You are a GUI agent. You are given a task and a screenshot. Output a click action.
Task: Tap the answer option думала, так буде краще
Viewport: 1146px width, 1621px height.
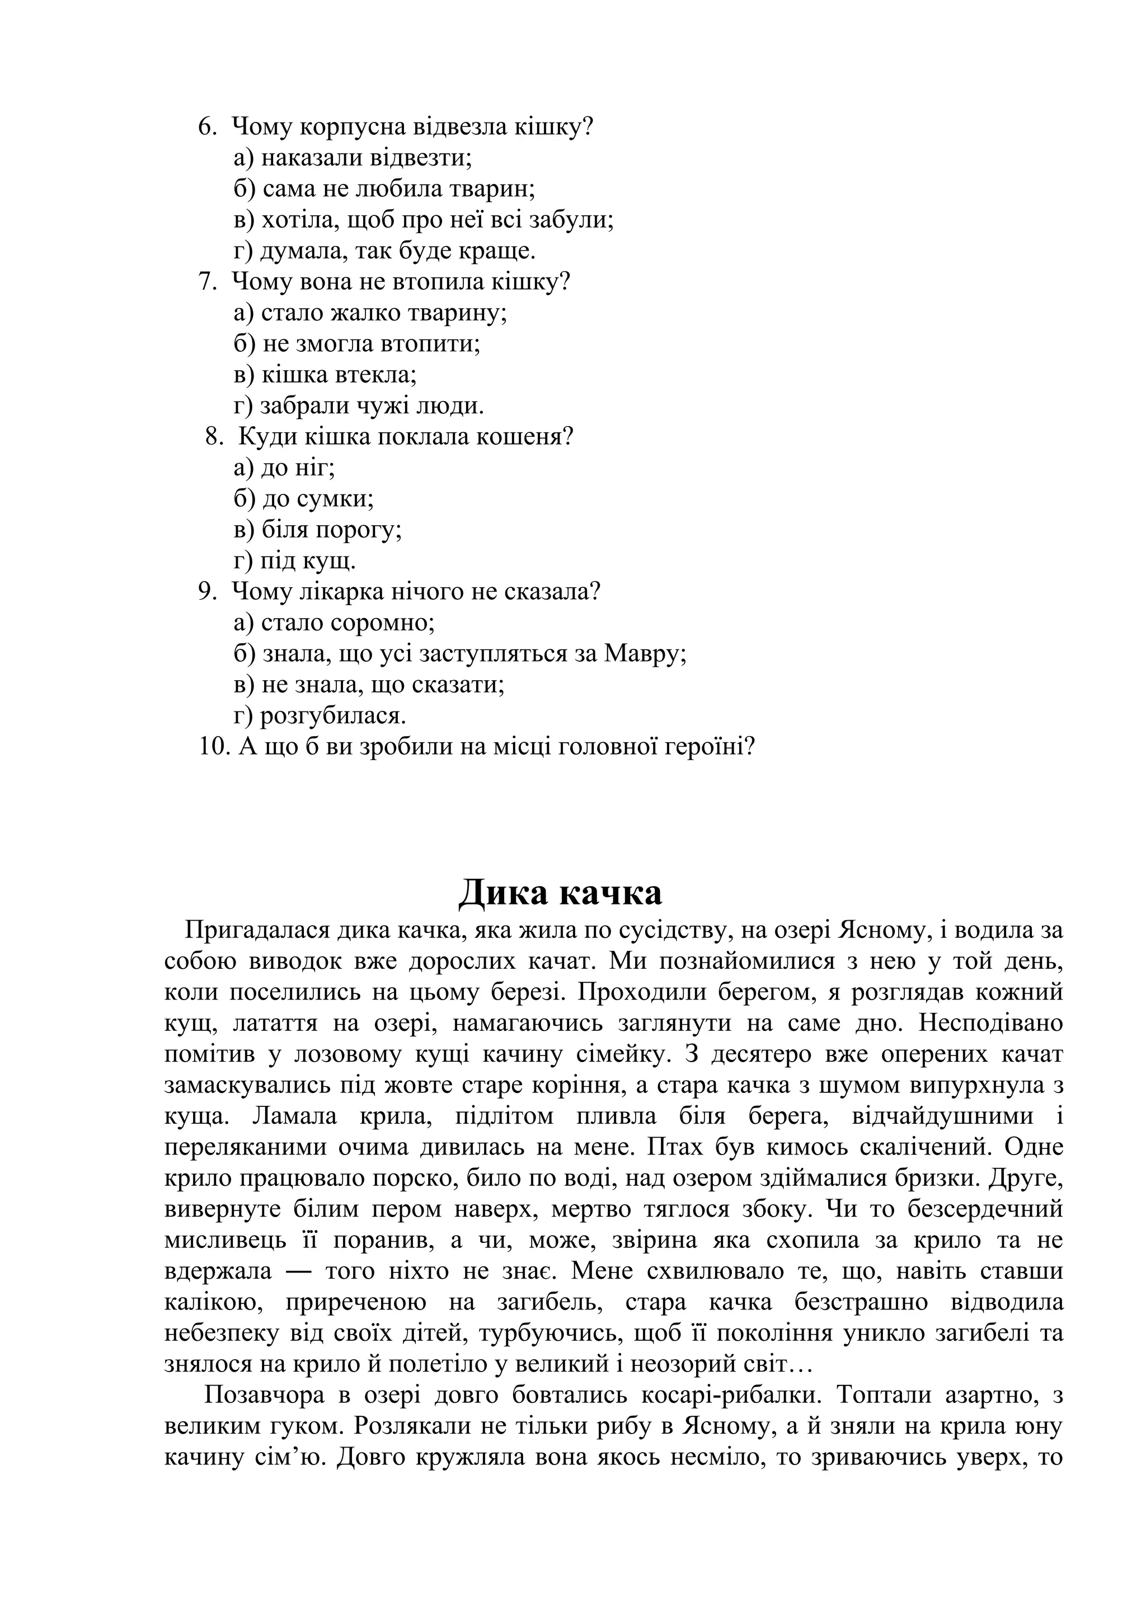(385, 251)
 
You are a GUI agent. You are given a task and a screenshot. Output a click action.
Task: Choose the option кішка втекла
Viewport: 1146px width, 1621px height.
(326, 375)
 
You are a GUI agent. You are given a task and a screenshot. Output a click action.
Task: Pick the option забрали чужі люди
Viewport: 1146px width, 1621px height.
(359, 406)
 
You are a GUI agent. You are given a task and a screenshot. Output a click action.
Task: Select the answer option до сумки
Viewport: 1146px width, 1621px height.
(304, 499)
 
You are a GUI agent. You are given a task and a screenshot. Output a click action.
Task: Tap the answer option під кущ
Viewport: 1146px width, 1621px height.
(294, 561)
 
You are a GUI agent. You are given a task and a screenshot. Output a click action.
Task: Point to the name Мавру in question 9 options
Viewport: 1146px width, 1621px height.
(645, 654)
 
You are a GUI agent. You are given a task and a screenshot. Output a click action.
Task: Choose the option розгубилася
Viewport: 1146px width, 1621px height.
(320, 716)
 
